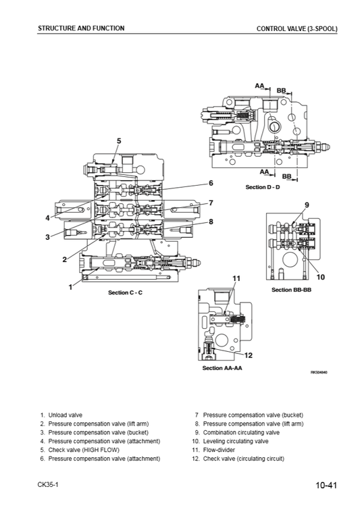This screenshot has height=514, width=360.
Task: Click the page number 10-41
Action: (326, 485)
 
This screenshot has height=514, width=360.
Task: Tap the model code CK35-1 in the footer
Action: (48, 484)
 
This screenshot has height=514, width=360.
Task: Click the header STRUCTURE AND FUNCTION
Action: (81, 28)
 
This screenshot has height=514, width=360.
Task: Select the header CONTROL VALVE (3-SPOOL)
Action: (297, 28)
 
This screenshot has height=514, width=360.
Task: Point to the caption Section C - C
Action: (125, 292)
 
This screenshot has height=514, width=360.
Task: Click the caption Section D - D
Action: (263, 187)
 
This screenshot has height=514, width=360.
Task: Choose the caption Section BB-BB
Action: (291, 290)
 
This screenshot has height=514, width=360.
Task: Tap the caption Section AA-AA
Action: (222, 368)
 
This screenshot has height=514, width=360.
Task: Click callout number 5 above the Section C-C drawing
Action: (119, 141)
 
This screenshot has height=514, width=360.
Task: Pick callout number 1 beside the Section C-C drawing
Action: (70, 287)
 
